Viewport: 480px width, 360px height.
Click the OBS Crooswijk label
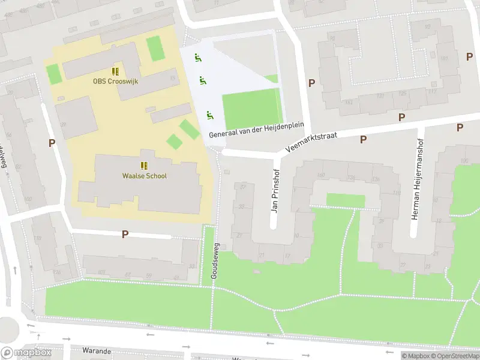(115, 81)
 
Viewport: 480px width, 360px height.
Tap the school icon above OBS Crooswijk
(115, 71)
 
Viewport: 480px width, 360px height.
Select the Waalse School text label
(144, 176)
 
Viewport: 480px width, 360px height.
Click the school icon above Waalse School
(144, 166)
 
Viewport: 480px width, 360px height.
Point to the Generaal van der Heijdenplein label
(257, 130)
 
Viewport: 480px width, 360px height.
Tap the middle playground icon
(203, 80)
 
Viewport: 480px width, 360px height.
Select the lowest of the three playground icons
(209, 115)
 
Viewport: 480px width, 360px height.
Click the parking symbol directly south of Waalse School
(125, 234)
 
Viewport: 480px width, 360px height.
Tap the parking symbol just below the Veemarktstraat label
(363, 139)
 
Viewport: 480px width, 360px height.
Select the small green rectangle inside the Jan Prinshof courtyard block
(346, 200)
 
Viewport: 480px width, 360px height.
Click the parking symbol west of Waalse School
(52, 143)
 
